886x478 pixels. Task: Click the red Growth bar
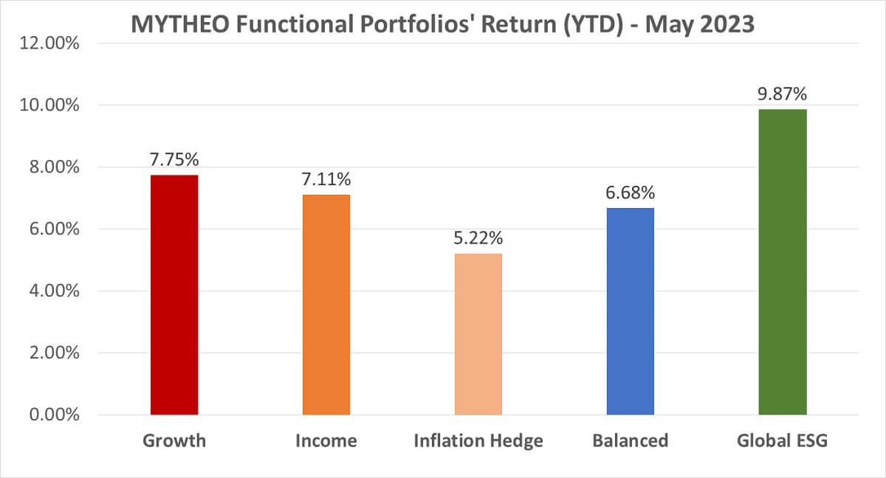pos(174,295)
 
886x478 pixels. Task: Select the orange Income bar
pos(326,305)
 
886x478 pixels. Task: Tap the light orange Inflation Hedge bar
pos(478,334)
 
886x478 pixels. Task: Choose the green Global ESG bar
pos(783,262)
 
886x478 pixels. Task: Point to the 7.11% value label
pos(326,179)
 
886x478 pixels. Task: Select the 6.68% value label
pos(630,193)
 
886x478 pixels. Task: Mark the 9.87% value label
pos(783,94)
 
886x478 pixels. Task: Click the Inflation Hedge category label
pos(478,441)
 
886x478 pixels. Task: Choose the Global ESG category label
pos(783,441)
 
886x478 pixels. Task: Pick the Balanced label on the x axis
pos(630,441)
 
